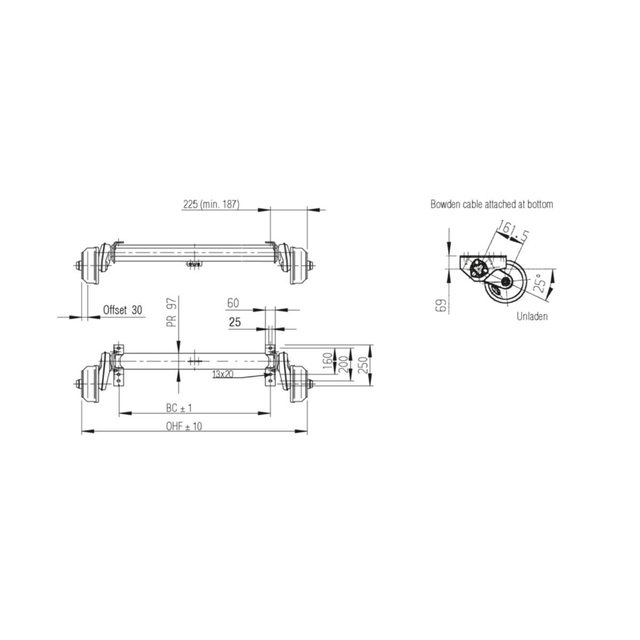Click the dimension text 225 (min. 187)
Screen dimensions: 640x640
click(x=211, y=204)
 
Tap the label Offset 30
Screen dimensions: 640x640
click(x=123, y=310)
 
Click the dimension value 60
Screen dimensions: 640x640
click(x=233, y=303)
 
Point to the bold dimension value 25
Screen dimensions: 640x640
click(x=234, y=322)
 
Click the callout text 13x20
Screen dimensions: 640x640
click(x=222, y=374)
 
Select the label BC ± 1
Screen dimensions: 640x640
click(x=179, y=408)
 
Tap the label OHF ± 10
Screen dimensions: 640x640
click(x=183, y=426)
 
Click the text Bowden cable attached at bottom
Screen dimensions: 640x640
click(x=491, y=204)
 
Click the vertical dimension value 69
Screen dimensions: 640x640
click(x=441, y=306)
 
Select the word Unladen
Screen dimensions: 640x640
click(x=532, y=316)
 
